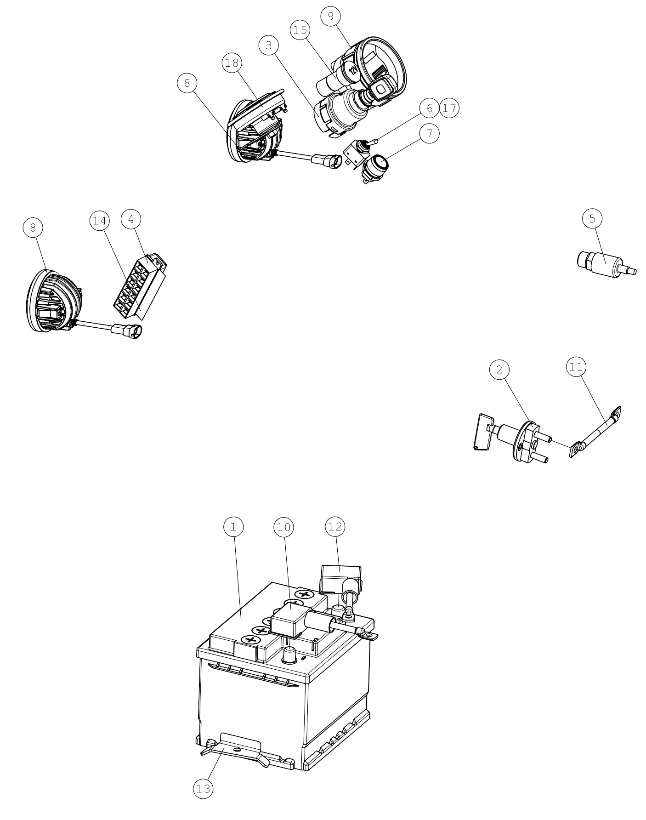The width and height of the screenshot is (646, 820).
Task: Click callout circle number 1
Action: [x=233, y=527]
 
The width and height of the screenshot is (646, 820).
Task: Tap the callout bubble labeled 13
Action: [x=203, y=789]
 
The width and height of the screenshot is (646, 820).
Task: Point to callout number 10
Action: [x=284, y=527]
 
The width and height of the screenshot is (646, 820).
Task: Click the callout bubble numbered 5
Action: [x=592, y=219]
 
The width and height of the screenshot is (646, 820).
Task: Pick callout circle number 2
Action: [x=500, y=369]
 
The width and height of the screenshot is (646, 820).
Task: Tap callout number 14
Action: [x=99, y=221]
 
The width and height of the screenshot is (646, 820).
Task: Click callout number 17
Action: [x=449, y=108]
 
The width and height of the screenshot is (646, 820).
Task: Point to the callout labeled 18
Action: [x=232, y=63]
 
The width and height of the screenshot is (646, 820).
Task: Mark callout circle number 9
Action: [x=330, y=17]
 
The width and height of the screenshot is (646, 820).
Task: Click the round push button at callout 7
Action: [x=374, y=168]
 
